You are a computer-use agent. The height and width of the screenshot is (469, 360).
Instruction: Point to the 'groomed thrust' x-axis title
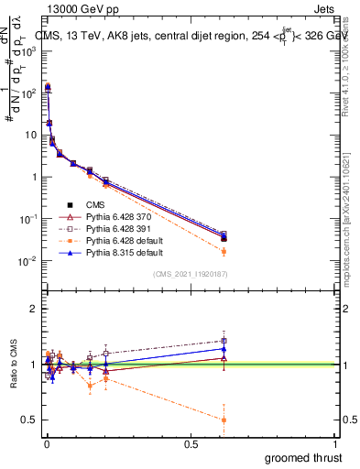point(304,457)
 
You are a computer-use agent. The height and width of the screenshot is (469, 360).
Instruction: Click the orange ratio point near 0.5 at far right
point(224,420)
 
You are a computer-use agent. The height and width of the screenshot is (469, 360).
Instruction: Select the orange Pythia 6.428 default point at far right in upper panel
point(224,251)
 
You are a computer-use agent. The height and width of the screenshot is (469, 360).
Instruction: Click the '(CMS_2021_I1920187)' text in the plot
point(191,274)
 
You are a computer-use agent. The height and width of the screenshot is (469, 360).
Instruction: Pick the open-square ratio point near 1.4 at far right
point(224,341)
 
